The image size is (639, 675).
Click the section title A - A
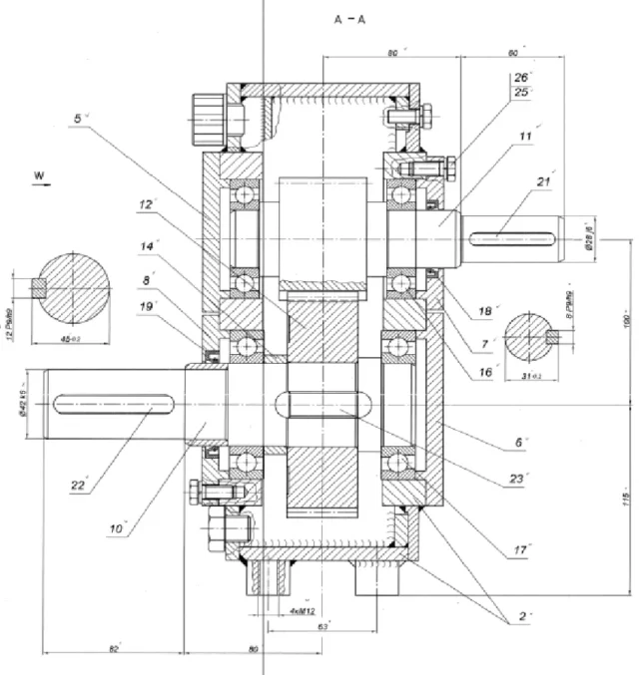[x=348, y=19]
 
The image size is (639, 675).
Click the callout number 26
[x=519, y=77]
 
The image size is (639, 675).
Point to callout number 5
[x=79, y=118]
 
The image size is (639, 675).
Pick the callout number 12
[x=146, y=204]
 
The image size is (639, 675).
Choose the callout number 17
[x=519, y=549]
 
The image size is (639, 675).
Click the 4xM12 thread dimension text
[x=291, y=609]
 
